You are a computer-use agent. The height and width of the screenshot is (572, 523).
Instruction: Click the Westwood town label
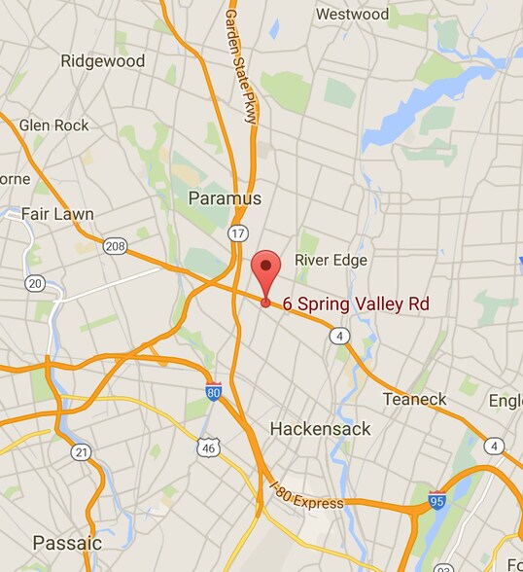352,15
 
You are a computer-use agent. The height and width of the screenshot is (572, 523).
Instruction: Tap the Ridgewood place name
102,61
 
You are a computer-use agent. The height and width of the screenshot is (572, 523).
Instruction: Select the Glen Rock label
54,125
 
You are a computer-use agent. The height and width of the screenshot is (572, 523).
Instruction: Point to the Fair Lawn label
58,214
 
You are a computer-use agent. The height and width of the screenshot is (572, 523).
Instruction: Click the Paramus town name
225,198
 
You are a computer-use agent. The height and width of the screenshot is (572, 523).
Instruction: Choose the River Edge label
331,261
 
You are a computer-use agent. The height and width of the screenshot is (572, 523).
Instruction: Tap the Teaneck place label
414,399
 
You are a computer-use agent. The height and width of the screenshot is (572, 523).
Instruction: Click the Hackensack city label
316,428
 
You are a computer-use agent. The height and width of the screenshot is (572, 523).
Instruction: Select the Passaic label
67,542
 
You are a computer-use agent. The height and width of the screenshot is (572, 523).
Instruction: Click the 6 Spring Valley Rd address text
356,304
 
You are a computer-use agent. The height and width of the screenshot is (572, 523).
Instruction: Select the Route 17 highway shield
238,233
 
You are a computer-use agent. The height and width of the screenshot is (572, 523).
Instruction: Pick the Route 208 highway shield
115,246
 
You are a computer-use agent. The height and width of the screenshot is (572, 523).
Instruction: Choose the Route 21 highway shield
81,451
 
